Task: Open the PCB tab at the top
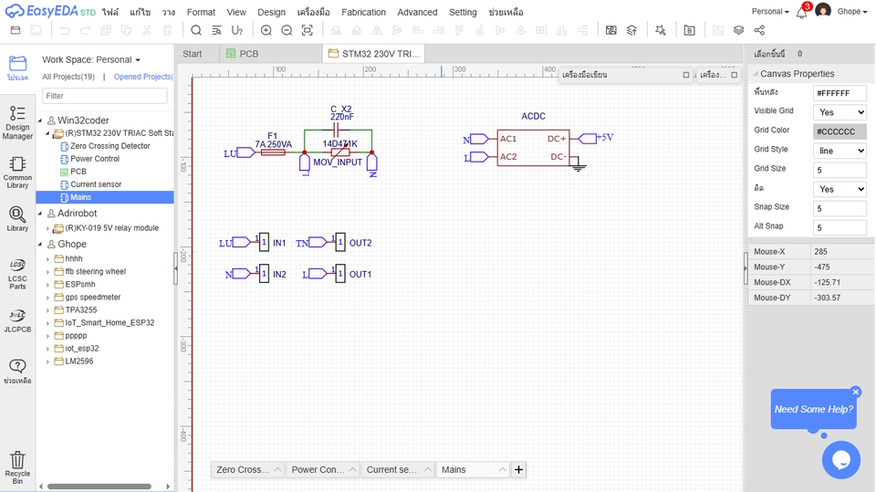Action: pyautogui.click(x=248, y=54)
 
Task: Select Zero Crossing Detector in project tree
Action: pyautogui.click(x=109, y=146)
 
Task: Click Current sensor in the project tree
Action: pyautogui.click(x=96, y=184)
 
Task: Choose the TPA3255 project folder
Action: pyautogui.click(x=80, y=309)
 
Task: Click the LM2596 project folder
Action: pyautogui.click(x=79, y=361)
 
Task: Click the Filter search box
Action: pyautogui.click(x=104, y=96)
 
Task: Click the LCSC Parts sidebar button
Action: pyautogui.click(x=17, y=273)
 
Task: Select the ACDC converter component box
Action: pyautogui.click(x=533, y=147)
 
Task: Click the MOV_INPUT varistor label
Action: pyautogui.click(x=338, y=162)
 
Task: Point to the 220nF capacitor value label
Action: pyautogui.click(x=342, y=117)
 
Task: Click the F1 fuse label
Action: pyautogui.click(x=272, y=135)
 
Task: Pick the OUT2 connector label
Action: pyautogui.click(x=360, y=243)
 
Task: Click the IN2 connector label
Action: pyautogui.click(x=279, y=274)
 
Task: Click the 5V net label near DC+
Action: pyautogui.click(x=607, y=138)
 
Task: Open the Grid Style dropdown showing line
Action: pyautogui.click(x=839, y=151)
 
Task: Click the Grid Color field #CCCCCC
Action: pyautogui.click(x=839, y=131)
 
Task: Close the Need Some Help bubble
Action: pyautogui.click(x=856, y=392)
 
